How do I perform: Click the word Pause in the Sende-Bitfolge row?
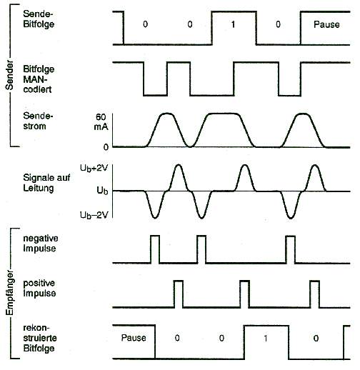(x=326, y=24)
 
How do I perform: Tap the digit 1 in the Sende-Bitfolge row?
(x=233, y=24)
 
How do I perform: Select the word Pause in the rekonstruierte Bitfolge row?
(x=134, y=338)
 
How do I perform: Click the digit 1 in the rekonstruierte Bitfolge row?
(x=266, y=338)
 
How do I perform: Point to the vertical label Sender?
(x=9, y=75)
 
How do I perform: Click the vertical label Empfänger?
(x=9, y=293)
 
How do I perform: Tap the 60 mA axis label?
(x=101, y=121)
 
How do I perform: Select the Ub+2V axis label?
(x=94, y=168)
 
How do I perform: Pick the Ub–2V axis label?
(x=94, y=215)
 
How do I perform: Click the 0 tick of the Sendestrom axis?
(x=106, y=147)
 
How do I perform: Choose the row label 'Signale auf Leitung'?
(x=46, y=183)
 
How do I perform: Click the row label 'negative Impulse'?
(x=41, y=244)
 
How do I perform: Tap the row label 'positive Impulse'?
(x=39, y=288)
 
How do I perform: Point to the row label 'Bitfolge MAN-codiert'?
(x=39, y=79)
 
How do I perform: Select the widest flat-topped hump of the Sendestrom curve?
(x=223, y=114)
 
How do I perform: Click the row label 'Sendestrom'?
(x=38, y=121)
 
